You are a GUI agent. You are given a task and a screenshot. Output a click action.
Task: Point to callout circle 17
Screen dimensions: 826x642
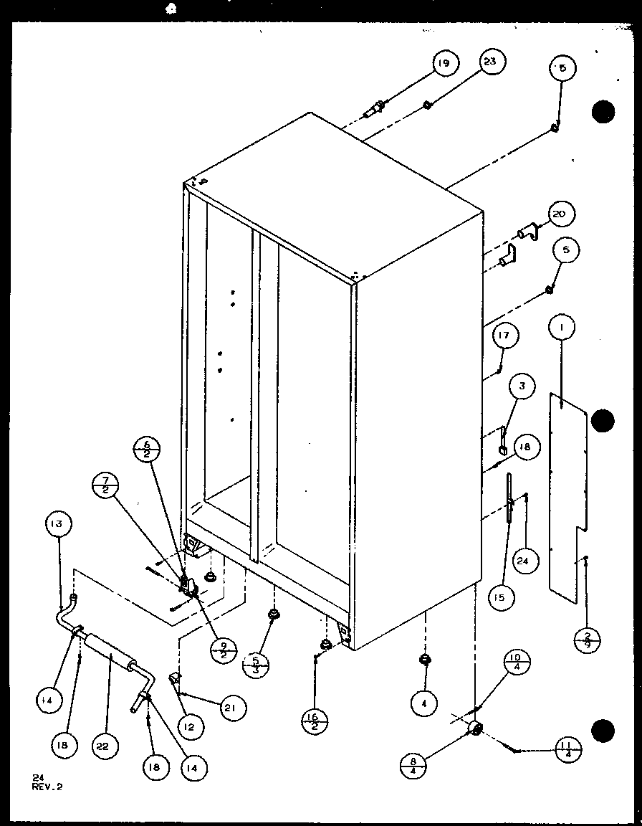[x=505, y=336]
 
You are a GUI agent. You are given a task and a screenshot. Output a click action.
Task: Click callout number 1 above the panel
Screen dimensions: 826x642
[x=562, y=328]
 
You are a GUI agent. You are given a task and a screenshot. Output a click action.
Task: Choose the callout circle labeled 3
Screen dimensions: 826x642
[x=522, y=386]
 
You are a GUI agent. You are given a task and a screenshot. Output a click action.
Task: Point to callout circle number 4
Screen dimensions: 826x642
[x=425, y=704]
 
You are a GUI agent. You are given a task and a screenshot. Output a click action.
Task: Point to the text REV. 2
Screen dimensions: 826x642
[x=47, y=786]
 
